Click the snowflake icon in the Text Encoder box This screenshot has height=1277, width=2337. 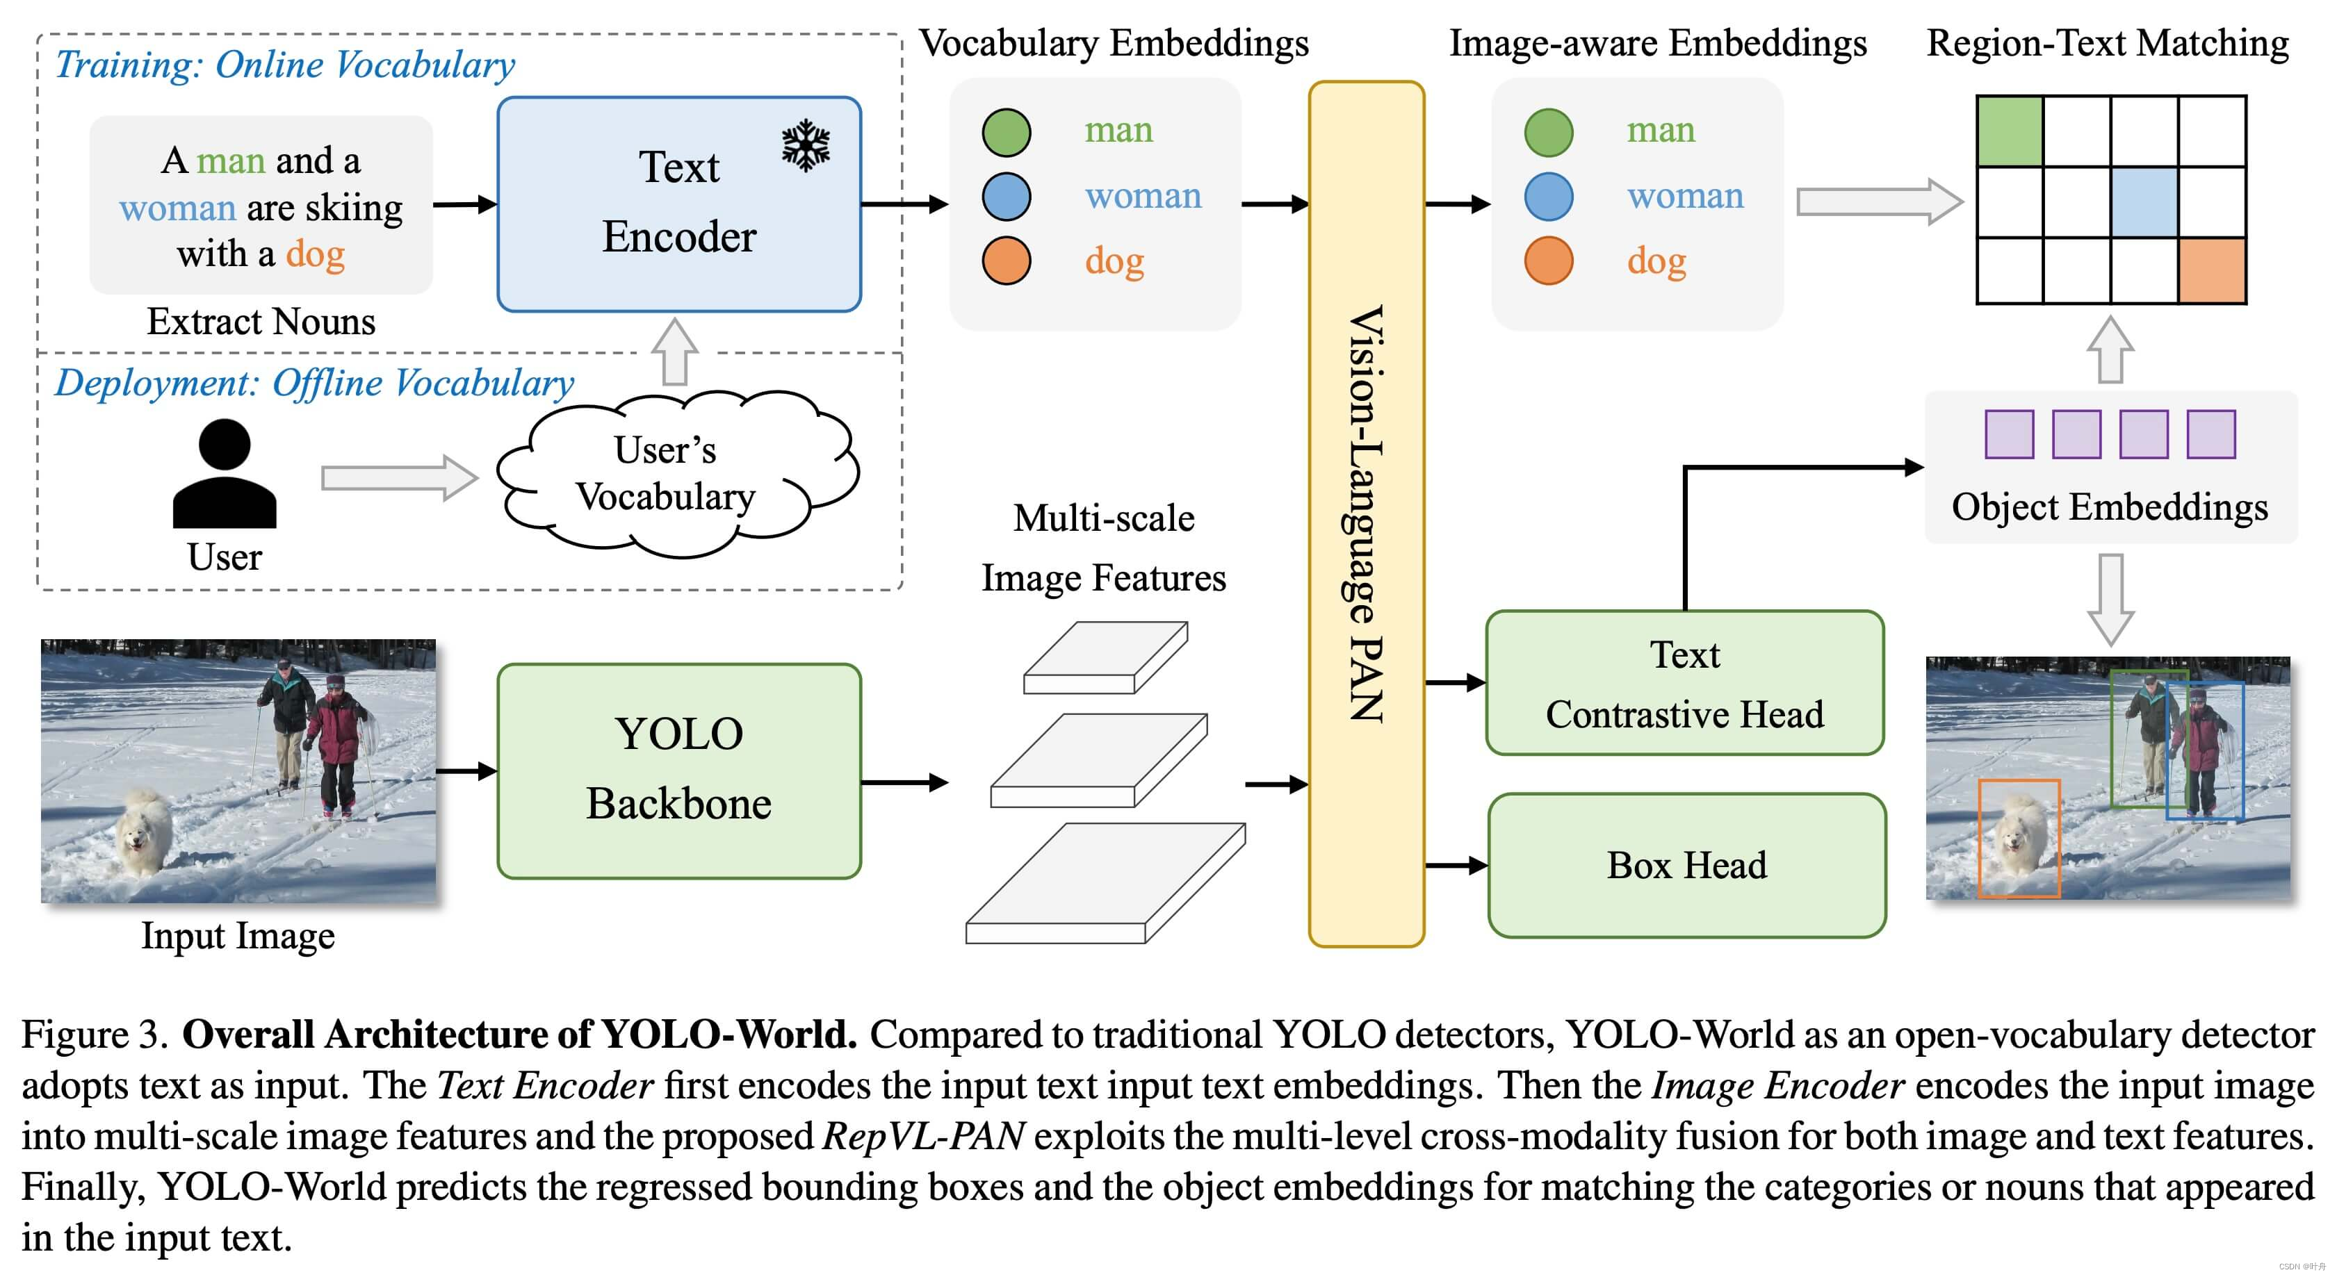pos(805,146)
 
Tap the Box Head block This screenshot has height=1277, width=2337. pos(1686,865)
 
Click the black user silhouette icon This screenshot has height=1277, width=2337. pos(224,473)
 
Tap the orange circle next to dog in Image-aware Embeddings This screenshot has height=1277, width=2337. pos(1549,261)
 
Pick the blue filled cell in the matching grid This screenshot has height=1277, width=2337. pos(2144,201)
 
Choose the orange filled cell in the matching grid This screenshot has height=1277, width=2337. pos(2212,270)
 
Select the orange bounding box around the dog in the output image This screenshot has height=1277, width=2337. pos(2019,838)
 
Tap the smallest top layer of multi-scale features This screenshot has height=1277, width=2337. pos(1105,657)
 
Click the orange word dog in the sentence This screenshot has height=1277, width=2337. pos(315,254)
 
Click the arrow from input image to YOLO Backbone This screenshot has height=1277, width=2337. pos(466,771)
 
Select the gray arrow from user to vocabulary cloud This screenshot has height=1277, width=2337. pos(399,477)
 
